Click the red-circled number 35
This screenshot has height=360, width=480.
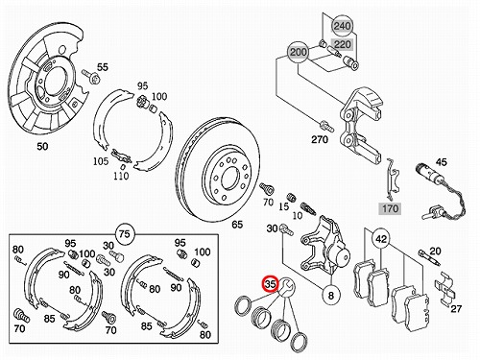pos(271,284)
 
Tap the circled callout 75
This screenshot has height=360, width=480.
pos(125,234)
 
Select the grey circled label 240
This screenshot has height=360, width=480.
pos(342,26)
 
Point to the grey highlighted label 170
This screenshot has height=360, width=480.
pos(390,209)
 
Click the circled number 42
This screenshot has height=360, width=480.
pos(381,239)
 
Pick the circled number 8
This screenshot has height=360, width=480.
pos(331,295)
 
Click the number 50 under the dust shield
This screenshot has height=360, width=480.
pos(42,147)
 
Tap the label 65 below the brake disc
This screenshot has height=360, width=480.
pos(237,225)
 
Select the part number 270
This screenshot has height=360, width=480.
pos(320,139)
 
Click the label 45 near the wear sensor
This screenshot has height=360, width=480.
pos(441,162)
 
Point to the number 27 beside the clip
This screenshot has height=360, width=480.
pos(456,308)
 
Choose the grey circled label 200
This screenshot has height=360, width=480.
pos(299,52)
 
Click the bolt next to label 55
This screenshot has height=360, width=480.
pos(91,77)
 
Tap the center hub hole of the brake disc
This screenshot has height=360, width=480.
pos(229,178)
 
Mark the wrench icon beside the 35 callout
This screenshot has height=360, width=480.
pos(286,287)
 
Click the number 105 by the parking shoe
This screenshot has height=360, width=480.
pos(101,161)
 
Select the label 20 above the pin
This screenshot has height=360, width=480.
pos(435,252)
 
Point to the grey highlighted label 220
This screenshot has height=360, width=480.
pos(343,44)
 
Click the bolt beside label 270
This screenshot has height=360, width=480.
pos(326,126)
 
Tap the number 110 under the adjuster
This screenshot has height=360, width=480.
pos(121,176)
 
